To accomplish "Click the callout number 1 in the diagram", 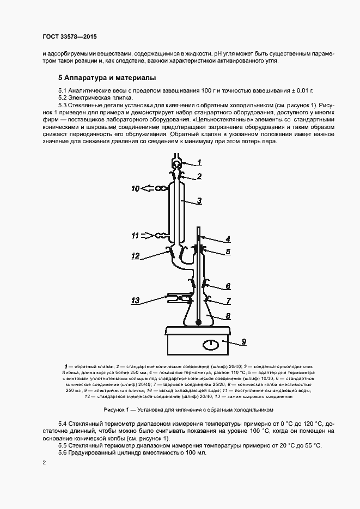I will pyautogui.click(x=199, y=162).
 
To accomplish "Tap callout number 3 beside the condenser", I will pyautogui.click(x=200, y=201).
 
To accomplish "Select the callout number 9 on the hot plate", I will pyautogui.click(x=244, y=341).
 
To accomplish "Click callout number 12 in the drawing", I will pyautogui.click(x=136, y=255).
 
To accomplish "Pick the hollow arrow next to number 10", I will pyautogui.click(x=148, y=189).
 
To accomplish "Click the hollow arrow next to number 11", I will pyautogui.click(x=148, y=236).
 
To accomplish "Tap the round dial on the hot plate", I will pyautogui.click(x=210, y=344).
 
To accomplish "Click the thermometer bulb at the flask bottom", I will pyautogui.click(x=198, y=322).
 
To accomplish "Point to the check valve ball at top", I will pyautogui.click(x=177, y=163).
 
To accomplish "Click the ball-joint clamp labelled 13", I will pyautogui.click(x=177, y=298).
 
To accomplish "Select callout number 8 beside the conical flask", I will pyautogui.click(x=228, y=315).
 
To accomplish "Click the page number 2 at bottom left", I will pyautogui.click(x=44, y=462).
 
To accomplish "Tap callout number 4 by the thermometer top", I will pyautogui.click(x=228, y=238).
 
